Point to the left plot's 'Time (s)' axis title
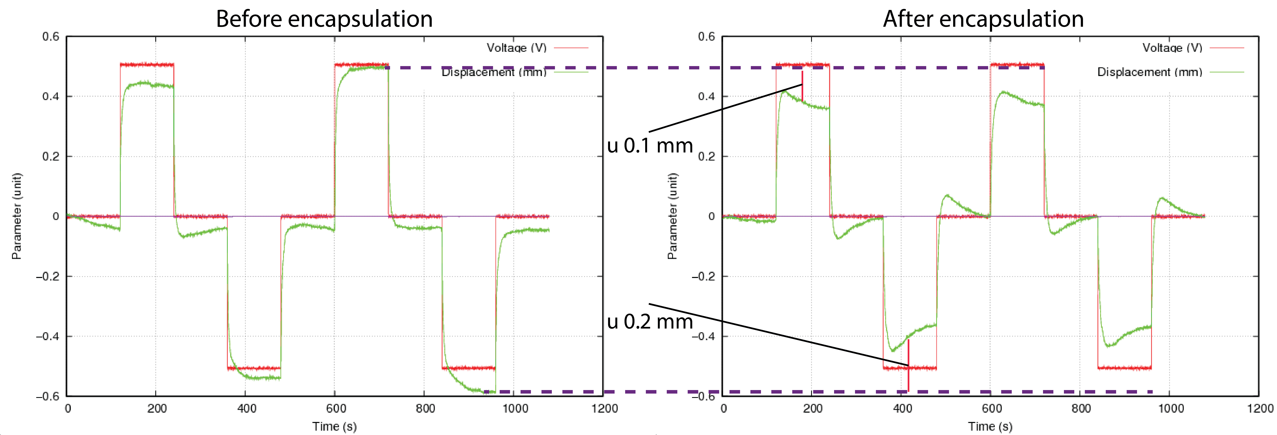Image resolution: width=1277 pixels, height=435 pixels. (335, 426)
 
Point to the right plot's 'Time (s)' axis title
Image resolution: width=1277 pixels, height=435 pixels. (990, 426)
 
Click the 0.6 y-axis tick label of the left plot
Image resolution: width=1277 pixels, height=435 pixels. (51, 37)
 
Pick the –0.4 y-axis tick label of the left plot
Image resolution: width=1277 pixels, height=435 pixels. (48, 336)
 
